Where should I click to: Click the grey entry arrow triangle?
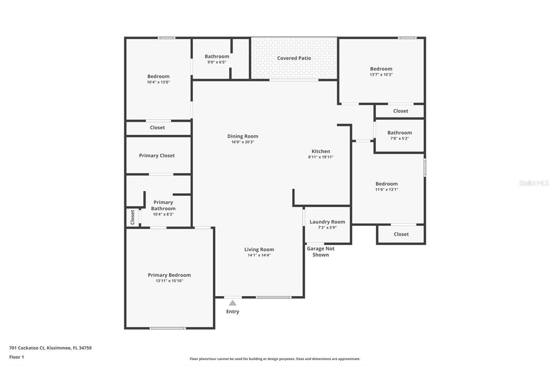tap(233, 303)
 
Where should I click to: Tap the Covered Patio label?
tap(294, 58)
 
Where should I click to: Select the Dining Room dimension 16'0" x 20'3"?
tap(243, 142)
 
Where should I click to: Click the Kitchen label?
tap(321, 151)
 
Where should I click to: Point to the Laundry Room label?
tap(327, 222)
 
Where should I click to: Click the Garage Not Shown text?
tap(321, 252)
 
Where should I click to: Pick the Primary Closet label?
tap(157, 156)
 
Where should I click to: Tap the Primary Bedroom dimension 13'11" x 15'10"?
tap(169, 281)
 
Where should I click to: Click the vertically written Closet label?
tap(133, 217)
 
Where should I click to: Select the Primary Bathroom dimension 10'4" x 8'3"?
tap(163, 214)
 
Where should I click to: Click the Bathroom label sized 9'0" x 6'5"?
tap(217, 56)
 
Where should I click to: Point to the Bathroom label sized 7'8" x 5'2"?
tap(400, 133)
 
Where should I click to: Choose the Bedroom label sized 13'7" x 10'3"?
tap(381, 69)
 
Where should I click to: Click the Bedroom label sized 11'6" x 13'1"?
tap(387, 184)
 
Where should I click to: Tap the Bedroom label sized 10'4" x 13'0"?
tap(158, 76)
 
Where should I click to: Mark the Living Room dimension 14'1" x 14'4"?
tap(259, 255)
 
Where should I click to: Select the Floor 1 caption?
tap(17, 357)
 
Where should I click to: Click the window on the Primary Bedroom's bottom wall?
tap(168, 328)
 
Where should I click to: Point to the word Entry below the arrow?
tap(233, 312)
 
